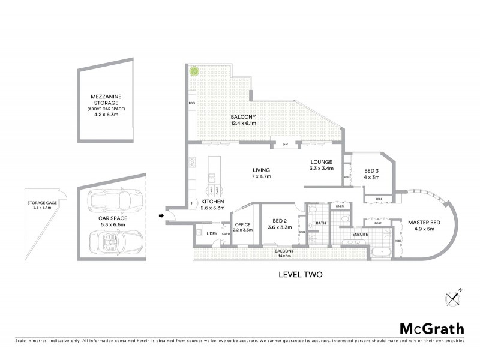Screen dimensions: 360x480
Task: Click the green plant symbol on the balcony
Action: click(x=194, y=71)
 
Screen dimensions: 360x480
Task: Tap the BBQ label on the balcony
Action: click(x=192, y=104)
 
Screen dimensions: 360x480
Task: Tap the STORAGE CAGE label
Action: click(x=42, y=203)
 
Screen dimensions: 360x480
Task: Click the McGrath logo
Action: click(x=431, y=328)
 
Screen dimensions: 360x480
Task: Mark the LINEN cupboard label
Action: click(x=340, y=206)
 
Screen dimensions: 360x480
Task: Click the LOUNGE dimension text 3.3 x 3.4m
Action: click(x=321, y=169)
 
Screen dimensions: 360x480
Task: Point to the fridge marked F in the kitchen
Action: click(x=192, y=204)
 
